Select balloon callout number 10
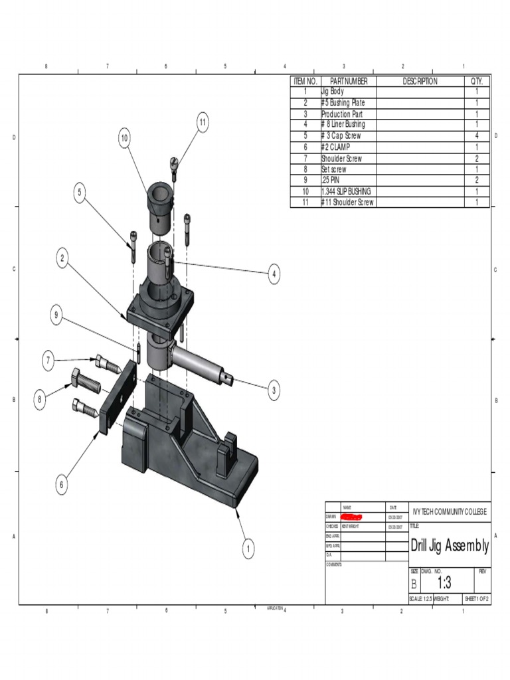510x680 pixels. pyautogui.click(x=124, y=138)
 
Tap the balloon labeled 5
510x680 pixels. pyautogui.click(x=80, y=193)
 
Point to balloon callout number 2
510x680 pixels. pyautogui.click(x=62, y=259)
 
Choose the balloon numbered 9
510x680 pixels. pyautogui.click(x=57, y=317)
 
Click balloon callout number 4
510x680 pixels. pyautogui.click(x=274, y=274)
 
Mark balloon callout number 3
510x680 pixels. pyautogui.click(x=274, y=391)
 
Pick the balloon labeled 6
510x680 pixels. pyautogui.click(x=62, y=485)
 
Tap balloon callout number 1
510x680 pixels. pyautogui.click(x=248, y=549)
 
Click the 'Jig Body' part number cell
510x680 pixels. pyautogui.click(x=333, y=92)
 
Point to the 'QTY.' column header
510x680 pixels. pyautogui.click(x=477, y=81)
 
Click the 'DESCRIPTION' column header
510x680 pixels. pyautogui.click(x=420, y=81)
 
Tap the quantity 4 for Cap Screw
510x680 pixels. pyautogui.click(x=477, y=135)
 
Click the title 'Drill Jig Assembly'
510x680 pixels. pyautogui.click(x=450, y=546)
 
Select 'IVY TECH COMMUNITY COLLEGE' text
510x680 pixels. pyautogui.click(x=450, y=511)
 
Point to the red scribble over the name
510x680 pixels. pyautogui.click(x=351, y=516)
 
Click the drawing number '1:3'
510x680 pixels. pyautogui.click(x=444, y=582)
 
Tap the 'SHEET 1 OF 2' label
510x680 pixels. pyautogui.click(x=476, y=599)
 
